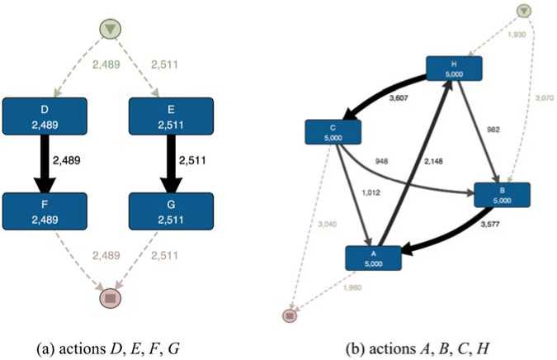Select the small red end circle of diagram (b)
tap(290, 315)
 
